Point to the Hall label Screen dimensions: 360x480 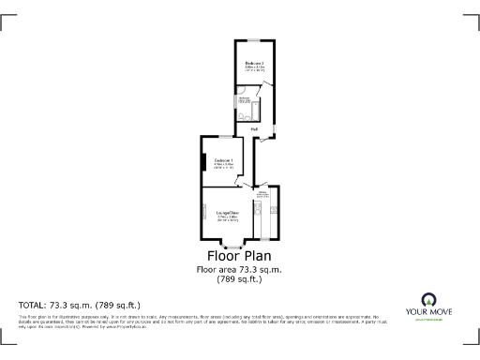255,128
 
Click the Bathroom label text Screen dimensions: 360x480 243,98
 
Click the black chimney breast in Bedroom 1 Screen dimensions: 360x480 202,160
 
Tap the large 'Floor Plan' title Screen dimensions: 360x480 240,256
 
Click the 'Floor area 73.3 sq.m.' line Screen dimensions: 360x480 239,270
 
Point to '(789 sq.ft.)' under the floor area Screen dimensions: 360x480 239,279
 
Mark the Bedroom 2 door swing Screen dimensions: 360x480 267,90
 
